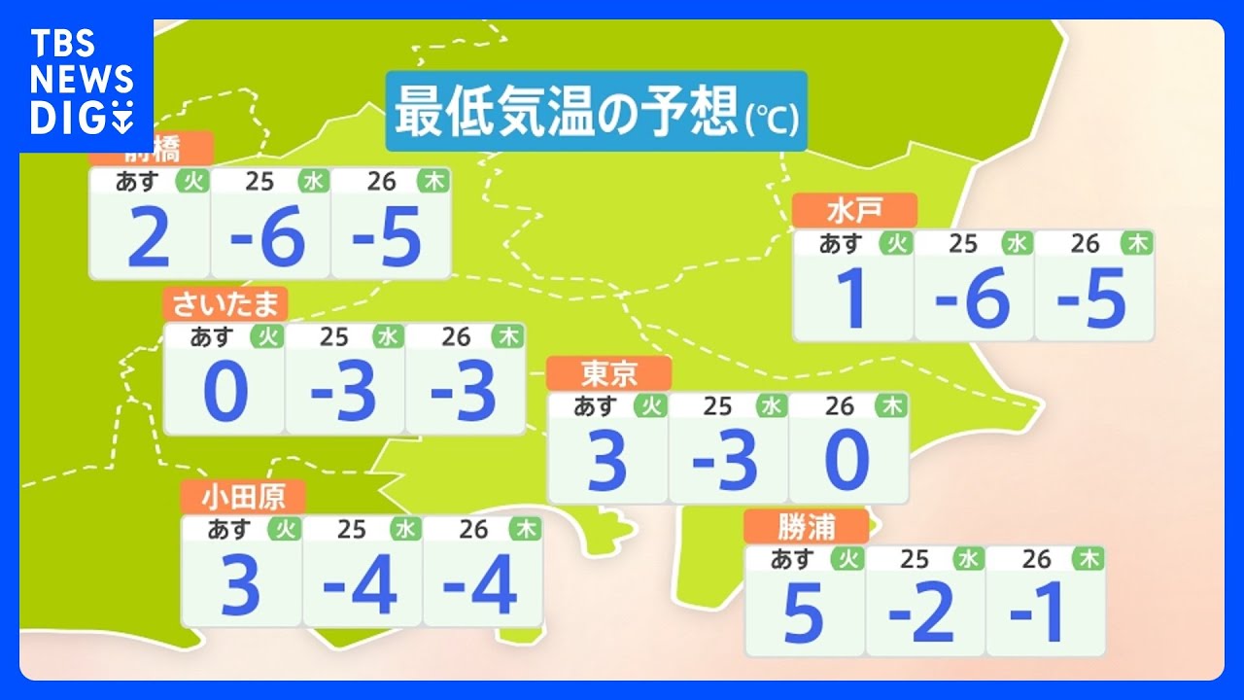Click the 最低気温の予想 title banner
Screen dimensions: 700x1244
(596, 111)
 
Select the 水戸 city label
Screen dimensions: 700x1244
(854, 210)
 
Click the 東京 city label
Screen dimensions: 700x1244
(608, 373)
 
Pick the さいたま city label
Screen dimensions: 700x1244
(225, 304)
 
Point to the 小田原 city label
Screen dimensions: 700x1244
(243, 497)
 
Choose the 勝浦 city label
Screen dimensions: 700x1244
(806, 527)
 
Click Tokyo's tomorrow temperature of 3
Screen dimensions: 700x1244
(607, 463)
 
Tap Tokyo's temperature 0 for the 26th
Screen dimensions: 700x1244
(847, 463)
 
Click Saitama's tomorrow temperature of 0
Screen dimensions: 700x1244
(225, 394)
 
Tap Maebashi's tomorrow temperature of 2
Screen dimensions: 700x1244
(149, 239)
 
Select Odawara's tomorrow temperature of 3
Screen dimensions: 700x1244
(241, 586)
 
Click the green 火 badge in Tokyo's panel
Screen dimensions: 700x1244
(650, 405)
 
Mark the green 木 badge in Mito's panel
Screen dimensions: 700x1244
(1136, 243)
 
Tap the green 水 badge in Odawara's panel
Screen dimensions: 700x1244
(404, 529)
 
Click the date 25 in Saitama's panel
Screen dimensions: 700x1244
(333, 336)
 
